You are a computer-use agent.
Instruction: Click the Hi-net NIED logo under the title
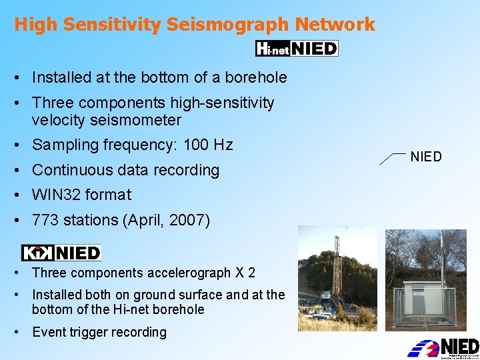click(297, 48)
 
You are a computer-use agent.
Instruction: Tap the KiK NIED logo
click(61, 253)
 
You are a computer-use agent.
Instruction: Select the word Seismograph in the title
click(227, 25)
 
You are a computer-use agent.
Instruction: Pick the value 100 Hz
click(206, 145)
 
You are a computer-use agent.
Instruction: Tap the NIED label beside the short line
click(426, 157)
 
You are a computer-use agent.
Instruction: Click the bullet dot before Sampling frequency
click(15, 145)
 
